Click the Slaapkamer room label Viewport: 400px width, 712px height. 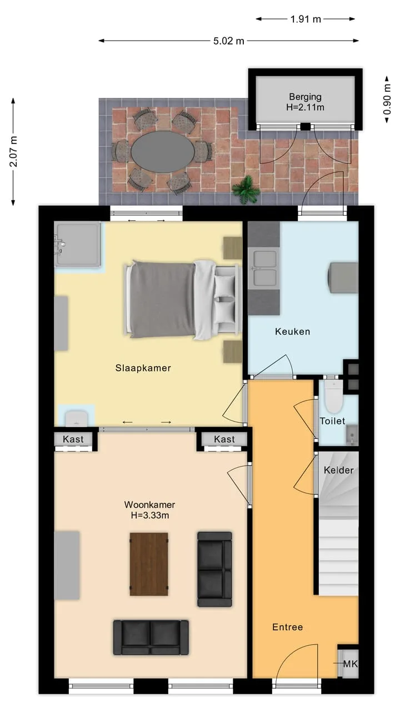click(143, 368)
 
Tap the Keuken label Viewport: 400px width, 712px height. click(292, 332)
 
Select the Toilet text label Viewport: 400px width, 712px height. click(332, 421)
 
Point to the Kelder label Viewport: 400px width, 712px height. click(339, 470)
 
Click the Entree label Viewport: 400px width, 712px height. click(288, 627)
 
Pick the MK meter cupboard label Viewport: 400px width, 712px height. click(351, 664)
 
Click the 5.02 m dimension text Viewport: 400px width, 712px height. click(228, 41)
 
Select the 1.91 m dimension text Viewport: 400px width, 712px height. click(306, 19)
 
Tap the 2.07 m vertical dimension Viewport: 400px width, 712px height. click(13, 151)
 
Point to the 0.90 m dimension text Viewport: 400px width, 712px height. click(387, 98)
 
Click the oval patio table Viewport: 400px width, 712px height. click(163, 152)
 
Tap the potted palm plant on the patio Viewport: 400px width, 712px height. click(246, 190)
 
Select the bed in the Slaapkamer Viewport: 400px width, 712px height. click(182, 300)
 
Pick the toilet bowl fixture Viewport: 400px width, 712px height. click(333, 397)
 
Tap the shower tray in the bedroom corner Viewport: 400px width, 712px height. click(77, 244)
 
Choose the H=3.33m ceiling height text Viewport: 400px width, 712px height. click(150, 515)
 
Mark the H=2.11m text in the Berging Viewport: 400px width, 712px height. click(305, 107)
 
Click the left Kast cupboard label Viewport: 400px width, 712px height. click(73, 439)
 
